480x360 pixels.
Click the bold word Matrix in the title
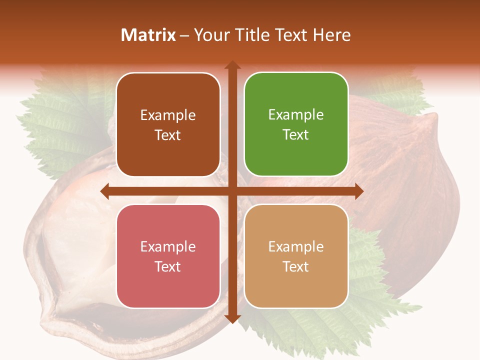148,35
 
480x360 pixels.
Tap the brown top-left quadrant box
168,125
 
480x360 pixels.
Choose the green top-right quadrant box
296,124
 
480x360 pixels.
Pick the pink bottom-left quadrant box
168,256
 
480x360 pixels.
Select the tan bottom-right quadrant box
296,256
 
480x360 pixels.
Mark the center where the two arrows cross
232,191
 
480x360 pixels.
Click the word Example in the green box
296,115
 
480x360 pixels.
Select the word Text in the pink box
168,266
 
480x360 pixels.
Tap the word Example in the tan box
296,246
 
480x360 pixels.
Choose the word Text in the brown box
168,135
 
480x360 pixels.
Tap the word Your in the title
211,35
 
